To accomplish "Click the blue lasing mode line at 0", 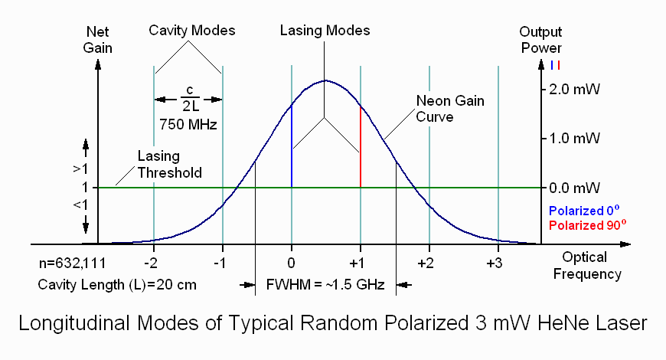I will (x=292, y=146).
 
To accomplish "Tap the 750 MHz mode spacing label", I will (x=188, y=123).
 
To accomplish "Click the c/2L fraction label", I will (x=188, y=99).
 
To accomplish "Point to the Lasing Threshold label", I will (x=170, y=165).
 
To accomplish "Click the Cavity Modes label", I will (x=191, y=31).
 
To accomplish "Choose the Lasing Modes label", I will (x=325, y=31).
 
